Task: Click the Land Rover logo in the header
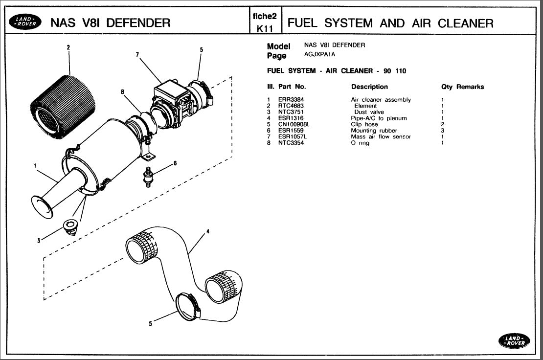(x=25, y=22)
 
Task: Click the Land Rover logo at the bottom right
(x=514, y=341)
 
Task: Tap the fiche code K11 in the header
(x=265, y=28)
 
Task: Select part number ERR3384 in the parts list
(x=291, y=100)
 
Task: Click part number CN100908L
(x=294, y=124)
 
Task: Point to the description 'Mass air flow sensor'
(x=381, y=137)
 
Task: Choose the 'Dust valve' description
(x=369, y=112)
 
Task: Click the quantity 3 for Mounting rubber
(x=443, y=131)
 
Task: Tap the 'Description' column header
(x=369, y=87)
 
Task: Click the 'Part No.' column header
(x=292, y=87)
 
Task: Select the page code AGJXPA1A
(x=319, y=54)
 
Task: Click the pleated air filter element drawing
(x=63, y=105)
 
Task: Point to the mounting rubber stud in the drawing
(x=148, y=177)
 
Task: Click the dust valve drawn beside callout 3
(x=70, y=227)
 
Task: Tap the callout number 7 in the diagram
(x=137, y=55)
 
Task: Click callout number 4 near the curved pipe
(x=208, y=231)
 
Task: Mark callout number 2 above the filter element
(x=68, y=47)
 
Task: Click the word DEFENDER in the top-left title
(x=138, y=23)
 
